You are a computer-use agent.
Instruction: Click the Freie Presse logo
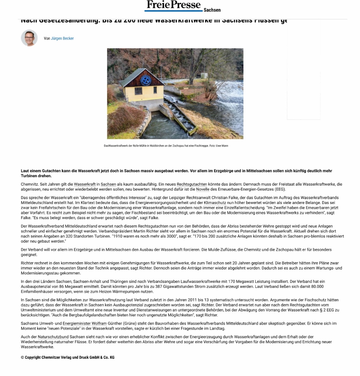pos(173,5)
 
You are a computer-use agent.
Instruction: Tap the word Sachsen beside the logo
pos(212,10)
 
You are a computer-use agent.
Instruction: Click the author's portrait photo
pos(29,38)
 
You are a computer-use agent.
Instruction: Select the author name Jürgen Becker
pos(62,39)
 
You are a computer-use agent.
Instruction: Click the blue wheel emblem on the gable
pos(145,81)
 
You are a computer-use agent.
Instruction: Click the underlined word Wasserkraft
pos(85,184)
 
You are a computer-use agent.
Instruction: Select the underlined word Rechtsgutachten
pos(192,184)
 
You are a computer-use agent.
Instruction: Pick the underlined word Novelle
pos(203,189)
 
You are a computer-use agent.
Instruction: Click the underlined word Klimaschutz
pos(215,203)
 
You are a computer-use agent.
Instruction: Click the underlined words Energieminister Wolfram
pos(85,323)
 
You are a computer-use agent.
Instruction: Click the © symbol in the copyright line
pos(22,358)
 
